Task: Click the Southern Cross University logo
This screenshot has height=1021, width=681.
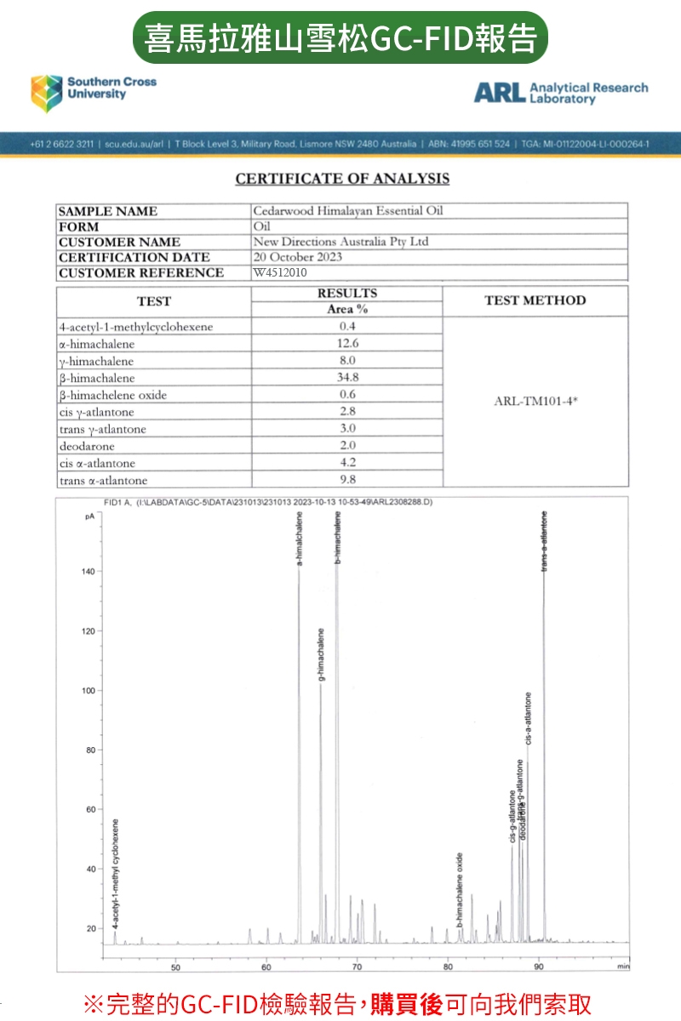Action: pos(94,92)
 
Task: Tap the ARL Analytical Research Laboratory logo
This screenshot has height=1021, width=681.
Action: pos(560,93)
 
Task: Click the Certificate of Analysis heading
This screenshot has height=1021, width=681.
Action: pos(342,179)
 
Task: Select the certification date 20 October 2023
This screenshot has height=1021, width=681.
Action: pos(298,257)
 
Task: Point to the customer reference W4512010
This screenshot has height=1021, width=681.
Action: pos(280,272)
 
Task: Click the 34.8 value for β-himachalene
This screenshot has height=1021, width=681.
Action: pos(347,377)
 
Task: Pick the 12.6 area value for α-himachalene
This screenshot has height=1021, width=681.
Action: pos(347,344)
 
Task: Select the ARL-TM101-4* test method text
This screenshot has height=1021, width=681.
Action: pos(535,401)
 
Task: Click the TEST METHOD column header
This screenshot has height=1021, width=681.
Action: pos(535,300)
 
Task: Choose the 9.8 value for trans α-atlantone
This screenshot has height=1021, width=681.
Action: pos(347,479)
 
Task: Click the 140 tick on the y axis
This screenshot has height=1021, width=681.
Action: pos(88,571)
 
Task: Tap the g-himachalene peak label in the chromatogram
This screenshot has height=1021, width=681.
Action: pos(322,655)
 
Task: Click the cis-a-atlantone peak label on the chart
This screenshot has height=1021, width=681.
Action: pos(529,720)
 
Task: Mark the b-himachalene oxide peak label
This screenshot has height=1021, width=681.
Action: pos(460,889)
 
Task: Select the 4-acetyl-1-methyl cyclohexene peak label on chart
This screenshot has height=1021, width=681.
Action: pos(116,873)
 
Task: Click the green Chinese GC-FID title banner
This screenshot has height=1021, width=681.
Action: pos(340,37)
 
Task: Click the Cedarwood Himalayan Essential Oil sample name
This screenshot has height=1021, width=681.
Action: pos(348,210)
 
